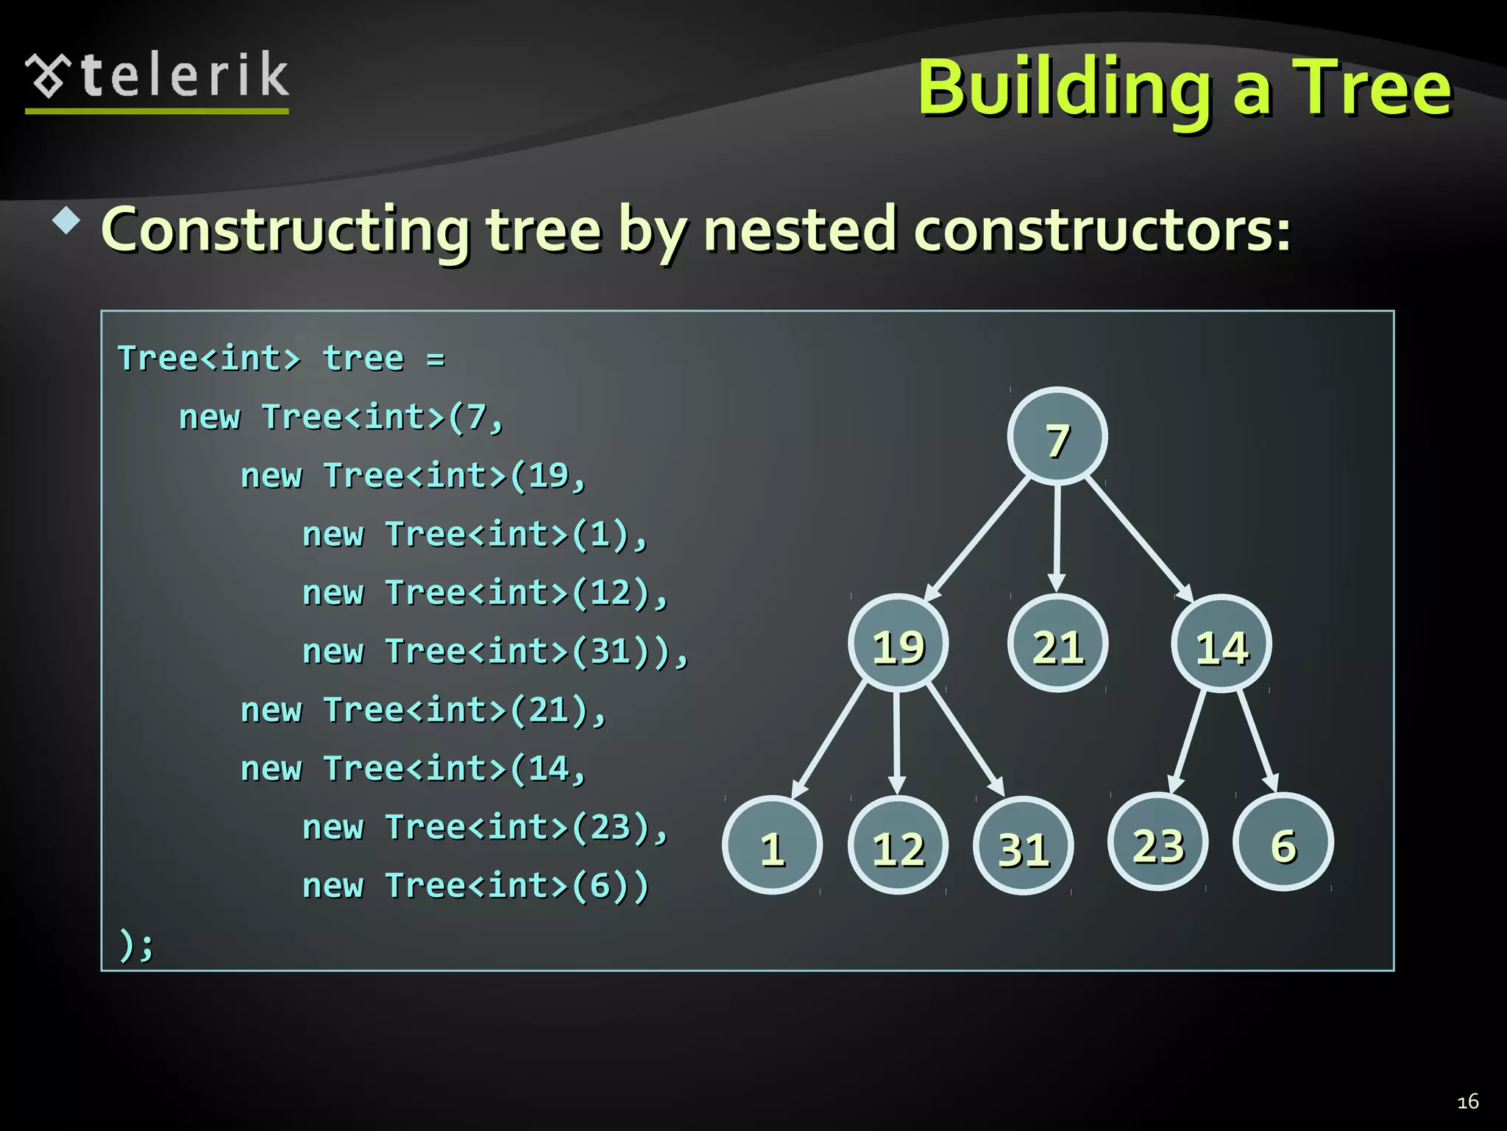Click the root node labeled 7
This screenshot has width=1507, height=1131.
coord(1057,437)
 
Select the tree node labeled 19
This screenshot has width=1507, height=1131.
coord(898,644)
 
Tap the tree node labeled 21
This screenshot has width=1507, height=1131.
coord(1057,644)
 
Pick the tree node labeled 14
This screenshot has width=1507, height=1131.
coord(1221,644)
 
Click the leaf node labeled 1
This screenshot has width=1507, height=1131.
coord(772,845)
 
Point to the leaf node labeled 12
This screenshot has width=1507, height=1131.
coord(898,845)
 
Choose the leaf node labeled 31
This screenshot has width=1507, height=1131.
coord(1023,846)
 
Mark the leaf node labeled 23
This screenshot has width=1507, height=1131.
coord(1158,842)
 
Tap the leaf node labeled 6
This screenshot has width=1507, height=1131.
coord(1283,842)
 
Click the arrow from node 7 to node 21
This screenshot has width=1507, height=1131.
coord(1057,538)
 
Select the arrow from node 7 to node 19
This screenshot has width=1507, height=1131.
coord(977,539)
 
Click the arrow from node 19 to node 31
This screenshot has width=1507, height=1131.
coord(965,741)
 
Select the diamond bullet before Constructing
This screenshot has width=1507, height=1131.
coord(67,221)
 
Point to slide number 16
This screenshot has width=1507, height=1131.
coord(1467,1102)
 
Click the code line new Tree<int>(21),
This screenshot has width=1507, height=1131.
coord(423,711)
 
